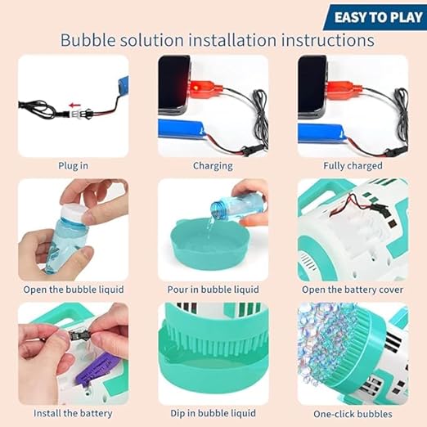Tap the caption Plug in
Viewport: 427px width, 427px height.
click(x=73, y=165)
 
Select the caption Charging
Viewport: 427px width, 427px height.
click(x=213, y=165)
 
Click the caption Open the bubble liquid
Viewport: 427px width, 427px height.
click(x=74, y=290)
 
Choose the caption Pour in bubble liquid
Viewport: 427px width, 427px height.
click(x=213, y=290)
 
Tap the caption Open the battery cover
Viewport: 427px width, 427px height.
click(x=353, y=290)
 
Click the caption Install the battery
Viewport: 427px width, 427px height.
click(x=74, y=414)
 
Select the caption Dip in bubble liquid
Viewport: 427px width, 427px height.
click(x=213, y=414)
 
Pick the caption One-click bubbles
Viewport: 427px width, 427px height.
click(x=353, y=414)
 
